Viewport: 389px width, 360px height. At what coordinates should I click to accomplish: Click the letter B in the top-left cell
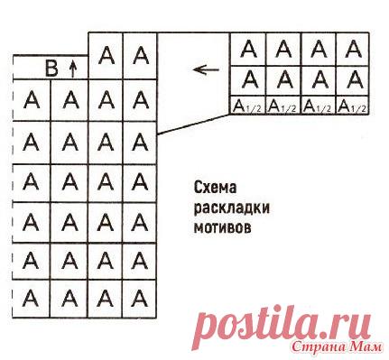(x=51, y=66)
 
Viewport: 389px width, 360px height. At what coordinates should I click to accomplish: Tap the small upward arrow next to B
(x=72, y=66)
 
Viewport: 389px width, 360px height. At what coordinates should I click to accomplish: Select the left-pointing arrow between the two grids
(x=208, y=68)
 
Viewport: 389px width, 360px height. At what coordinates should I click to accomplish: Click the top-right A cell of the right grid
(x=352, y=47)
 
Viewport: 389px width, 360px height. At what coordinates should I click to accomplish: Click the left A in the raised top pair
(x=106, y=55)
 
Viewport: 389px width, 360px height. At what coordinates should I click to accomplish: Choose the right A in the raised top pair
(x=140, y=55)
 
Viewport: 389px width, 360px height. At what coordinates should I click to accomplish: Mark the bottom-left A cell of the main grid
(x=32, y=295)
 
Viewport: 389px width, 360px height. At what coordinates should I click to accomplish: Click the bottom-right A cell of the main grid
(x=140, y=295)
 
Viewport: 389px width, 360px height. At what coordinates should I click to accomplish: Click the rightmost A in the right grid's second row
(x=352, y=78)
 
